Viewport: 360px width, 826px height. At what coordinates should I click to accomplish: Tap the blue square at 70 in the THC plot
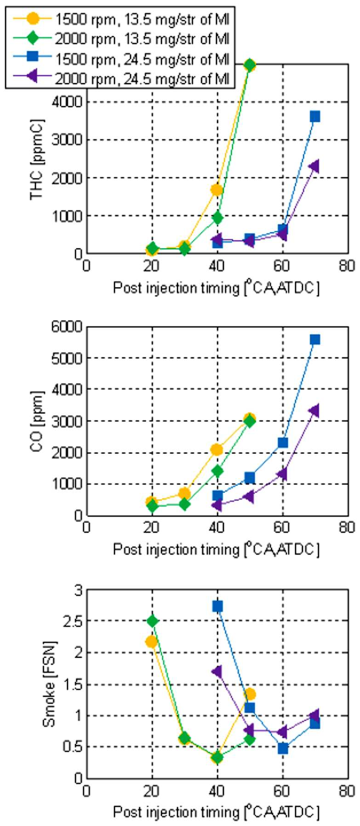(x=314, y=116)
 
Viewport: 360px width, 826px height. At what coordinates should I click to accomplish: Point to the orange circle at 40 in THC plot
(x=217, y=190)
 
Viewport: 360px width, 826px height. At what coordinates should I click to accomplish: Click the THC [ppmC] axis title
(x=37, y=160)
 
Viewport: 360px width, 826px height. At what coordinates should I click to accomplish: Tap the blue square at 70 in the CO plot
(x=314, y=339)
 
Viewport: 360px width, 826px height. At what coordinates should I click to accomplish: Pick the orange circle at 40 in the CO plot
(x=217, y=449)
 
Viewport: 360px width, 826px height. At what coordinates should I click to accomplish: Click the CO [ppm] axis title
(x=37, y=421)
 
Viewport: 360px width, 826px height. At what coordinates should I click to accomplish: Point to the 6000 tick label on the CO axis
(x=67, y=327)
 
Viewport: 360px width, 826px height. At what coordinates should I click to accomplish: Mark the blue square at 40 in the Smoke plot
(x=217, y=606)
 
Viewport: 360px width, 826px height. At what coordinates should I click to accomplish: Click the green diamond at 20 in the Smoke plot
(x=152, y=621)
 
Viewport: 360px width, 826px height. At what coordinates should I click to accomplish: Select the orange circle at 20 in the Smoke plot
(x=151, y=642)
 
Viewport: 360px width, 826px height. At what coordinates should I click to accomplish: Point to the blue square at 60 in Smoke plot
(x=283, y=748)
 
